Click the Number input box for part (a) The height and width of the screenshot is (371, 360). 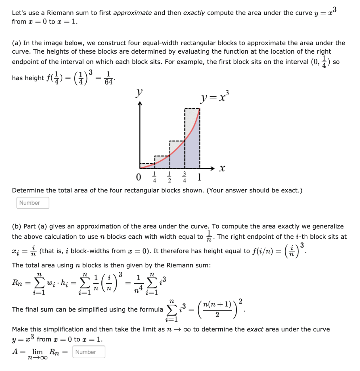coord(33,203)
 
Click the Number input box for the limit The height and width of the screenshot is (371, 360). coord(89,352)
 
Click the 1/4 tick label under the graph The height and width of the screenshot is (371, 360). coord(155,178)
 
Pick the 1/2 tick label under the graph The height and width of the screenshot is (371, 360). coord(170,178)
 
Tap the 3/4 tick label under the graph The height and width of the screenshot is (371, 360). coord(185,178)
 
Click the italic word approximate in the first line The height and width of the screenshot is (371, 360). coord(133,13)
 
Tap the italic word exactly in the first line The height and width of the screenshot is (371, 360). coord(194,13)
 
